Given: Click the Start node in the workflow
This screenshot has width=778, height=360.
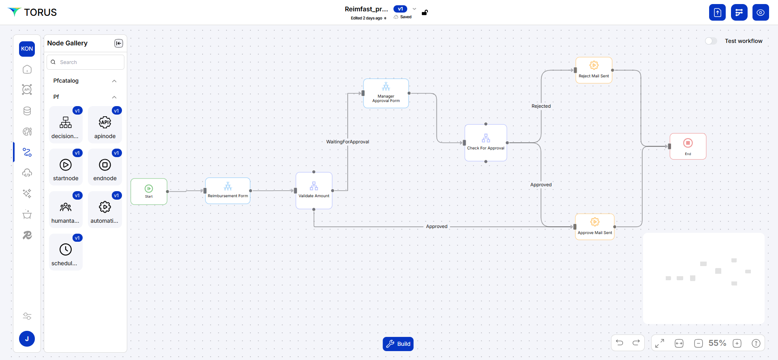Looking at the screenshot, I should [x=149, y=192].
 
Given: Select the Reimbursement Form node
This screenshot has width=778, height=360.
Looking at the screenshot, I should [x=228, y=191].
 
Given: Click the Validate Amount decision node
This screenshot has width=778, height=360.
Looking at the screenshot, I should [x=314, y=190].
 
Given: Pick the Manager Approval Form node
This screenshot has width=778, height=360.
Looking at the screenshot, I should [x=386, y=94].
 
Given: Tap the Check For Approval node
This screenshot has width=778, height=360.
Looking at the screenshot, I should [x=485, y=143].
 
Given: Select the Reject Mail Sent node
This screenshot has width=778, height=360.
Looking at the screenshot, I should [x=594, y=70].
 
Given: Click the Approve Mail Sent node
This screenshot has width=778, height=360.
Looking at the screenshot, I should [x=594, y=227].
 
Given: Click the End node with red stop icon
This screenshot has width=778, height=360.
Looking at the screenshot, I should [x=688, y=146].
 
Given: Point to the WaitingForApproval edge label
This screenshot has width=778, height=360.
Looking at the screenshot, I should [x=348, y=142].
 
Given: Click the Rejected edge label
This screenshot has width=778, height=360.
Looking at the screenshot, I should [x=541, y=106].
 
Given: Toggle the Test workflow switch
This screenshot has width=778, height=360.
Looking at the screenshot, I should [x=711, y=41].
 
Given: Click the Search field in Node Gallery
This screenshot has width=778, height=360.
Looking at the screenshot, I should [x=85, y=62].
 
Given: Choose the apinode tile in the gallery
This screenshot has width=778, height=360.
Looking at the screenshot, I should [x=105, y=125].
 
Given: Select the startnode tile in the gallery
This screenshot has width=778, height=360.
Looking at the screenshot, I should [x=66, y=167].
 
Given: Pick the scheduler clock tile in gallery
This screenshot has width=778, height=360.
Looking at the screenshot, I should [x=66, y=252].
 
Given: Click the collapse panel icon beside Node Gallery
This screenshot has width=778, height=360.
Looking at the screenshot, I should [x=119, y=43].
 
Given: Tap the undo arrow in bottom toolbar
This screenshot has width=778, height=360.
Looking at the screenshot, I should [x=620, y=343].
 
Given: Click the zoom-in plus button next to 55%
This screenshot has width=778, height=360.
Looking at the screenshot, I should [x=737, y=343].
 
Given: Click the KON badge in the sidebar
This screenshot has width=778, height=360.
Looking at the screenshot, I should [x=27, y=49].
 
